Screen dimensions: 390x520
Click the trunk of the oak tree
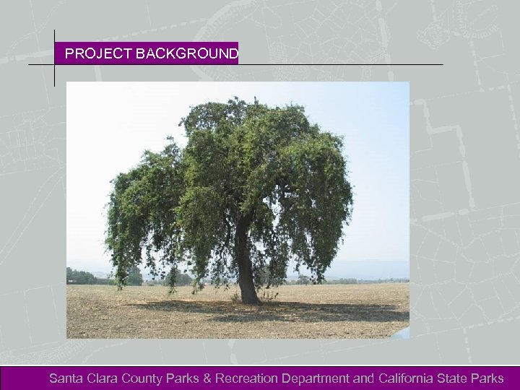click(x=246, y=267)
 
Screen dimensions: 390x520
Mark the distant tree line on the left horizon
click(x=81, y=276)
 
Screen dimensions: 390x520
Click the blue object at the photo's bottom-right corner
click(x=402, y=333)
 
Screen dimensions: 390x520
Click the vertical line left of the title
click(x=54, y=58)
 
